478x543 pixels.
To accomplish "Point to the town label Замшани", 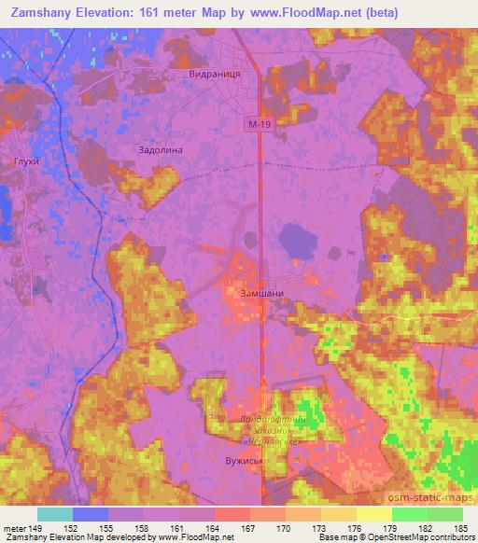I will (262, 291).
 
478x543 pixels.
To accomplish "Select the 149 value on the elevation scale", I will (37, 527).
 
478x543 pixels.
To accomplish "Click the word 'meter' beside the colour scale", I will (14, 527).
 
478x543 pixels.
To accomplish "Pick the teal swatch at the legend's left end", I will (55, 514).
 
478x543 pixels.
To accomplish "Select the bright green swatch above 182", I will (410, 514).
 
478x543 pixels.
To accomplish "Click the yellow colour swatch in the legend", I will (374, 514).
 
